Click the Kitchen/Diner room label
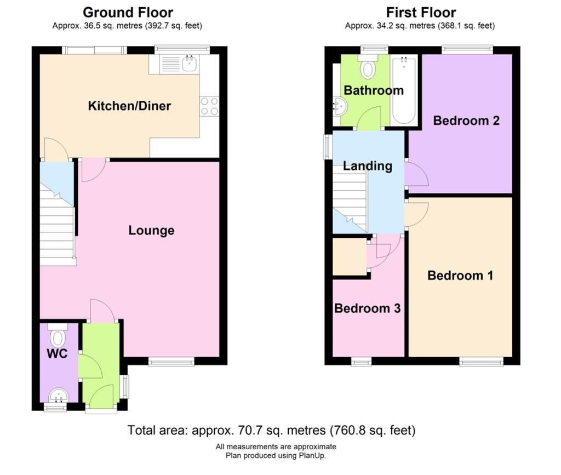(x=129, y=106)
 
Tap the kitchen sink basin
(x=190, y=64)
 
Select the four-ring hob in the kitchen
(x=209, y=106)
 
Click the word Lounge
(x=151, y=230)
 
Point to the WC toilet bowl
(x=58, y=337)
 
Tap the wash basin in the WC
(x=59, y=396)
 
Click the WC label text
(x=57, y=354)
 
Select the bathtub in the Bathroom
(x=404, y=90)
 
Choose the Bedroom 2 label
(x=466, y=121)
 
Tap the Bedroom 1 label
(x=460, y=276)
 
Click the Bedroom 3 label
(x=368, y=308)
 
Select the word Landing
(x=368, y=166)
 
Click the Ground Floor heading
(x=128, y=13)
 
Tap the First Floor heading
(x=421, y=13)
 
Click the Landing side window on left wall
(x=328, y=146)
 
